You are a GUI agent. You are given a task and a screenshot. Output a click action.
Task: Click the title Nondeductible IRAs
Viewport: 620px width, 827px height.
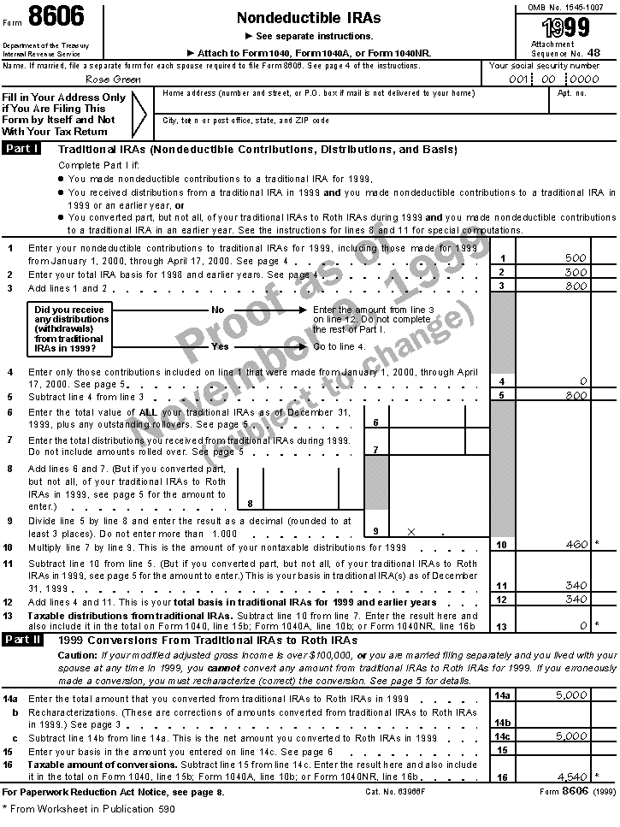tap(309, 18)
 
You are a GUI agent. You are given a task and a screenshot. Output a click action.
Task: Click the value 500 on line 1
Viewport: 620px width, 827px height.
tap(576, 257)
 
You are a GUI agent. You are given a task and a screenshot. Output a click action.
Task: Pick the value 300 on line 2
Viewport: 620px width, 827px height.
tap(576, 272)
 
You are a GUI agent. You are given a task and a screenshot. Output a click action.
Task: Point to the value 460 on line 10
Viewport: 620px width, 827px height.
tap(577, 544)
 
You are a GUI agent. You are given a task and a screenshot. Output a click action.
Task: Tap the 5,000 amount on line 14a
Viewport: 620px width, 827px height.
tap(570, 695)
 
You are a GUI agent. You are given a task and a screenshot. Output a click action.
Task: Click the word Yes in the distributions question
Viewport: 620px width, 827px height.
tap(220, 346)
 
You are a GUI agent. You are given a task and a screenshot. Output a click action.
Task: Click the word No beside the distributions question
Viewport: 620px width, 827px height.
tap(217, 310)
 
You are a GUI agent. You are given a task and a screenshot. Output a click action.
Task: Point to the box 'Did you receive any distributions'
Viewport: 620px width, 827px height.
tap(70, 328)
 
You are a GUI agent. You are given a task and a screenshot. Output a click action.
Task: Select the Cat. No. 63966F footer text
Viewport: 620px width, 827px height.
tap(395, 792)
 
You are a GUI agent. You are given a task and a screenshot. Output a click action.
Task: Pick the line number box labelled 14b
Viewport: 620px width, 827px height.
tap(503, 722)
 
